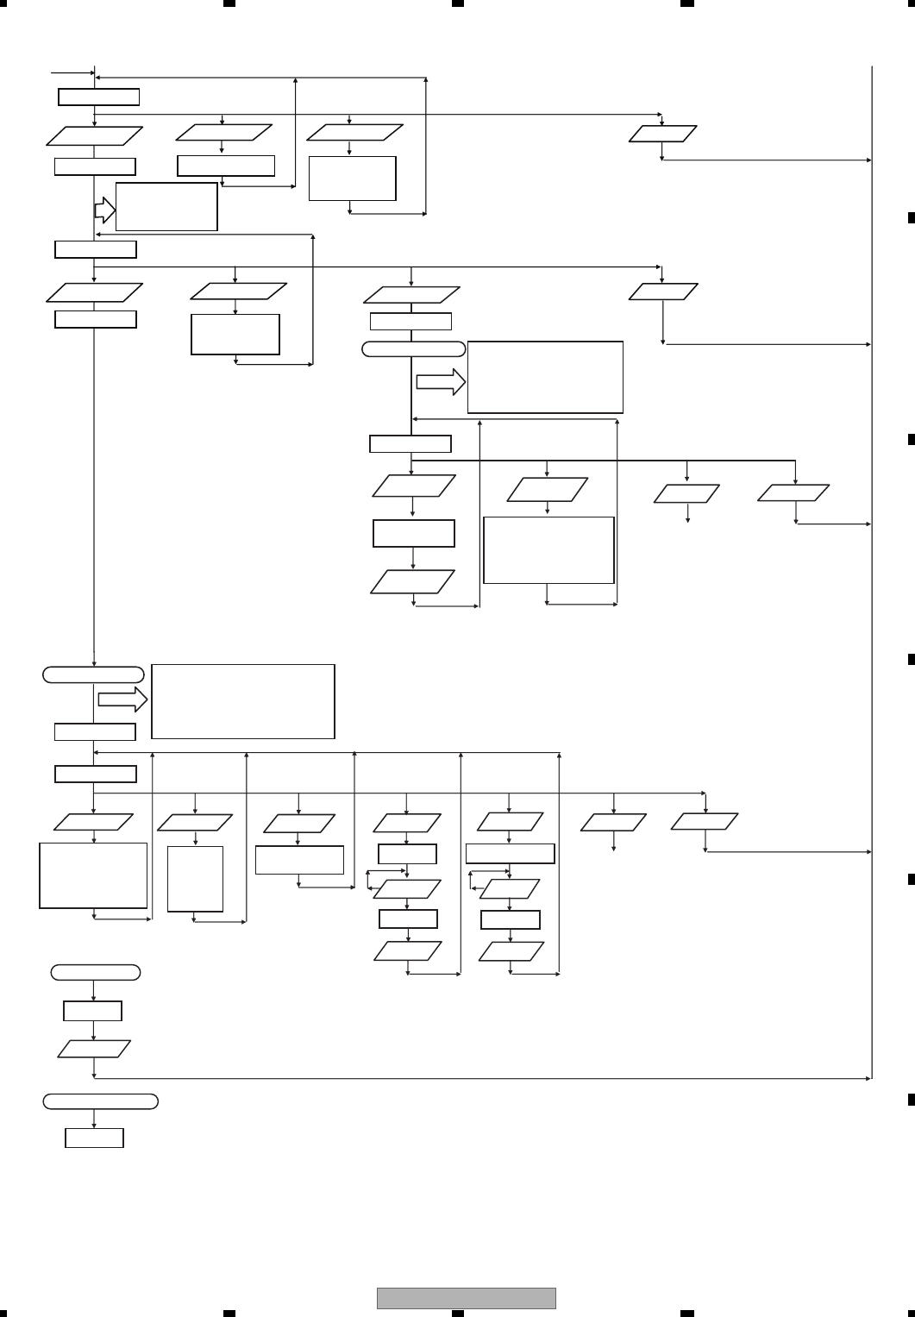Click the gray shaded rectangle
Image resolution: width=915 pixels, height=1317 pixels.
(x=466, y=1298)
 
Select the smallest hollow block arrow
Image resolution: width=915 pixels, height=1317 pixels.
(x=104, y=209)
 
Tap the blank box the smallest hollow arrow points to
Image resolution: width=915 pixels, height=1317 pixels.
(x=166, y=206)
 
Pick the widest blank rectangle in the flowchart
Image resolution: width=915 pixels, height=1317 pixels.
(x=242, y=701)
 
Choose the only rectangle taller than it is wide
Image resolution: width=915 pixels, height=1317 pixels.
(x=195, y=879)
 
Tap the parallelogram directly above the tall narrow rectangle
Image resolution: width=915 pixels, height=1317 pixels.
(x=195, y=824)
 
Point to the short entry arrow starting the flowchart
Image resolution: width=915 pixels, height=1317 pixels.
(x=72, y=73)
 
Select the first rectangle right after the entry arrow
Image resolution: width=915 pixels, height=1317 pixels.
(x=98, y=97)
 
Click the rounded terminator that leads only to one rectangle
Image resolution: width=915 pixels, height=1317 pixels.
(x=101, y=1101)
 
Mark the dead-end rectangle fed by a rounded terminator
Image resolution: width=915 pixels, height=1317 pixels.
(x=94, y=1138)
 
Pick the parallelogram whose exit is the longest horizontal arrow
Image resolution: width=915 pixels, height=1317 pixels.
(x=94, y=1049)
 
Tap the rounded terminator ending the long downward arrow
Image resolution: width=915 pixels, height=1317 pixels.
(x=93, y=674)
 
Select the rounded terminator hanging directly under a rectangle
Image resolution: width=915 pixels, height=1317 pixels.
(x=413, y=349)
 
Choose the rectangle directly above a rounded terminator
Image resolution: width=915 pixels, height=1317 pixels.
(x=410, y=322)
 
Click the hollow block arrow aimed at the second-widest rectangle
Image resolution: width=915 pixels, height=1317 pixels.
(x=441, y=384)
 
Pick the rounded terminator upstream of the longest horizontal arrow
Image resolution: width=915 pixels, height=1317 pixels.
(x=95, y=973)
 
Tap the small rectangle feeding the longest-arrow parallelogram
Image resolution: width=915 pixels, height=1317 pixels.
(x=92, y=1011)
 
